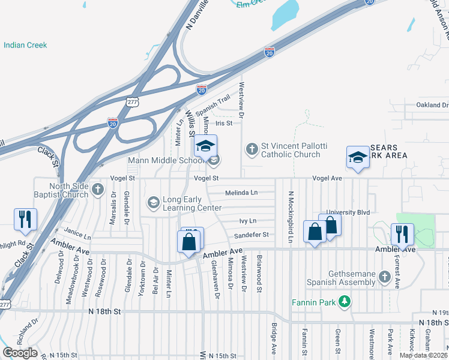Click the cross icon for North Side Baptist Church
pyautogui.click(x=98, y=190)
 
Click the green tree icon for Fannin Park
pyautogui.click(x=345, y=301)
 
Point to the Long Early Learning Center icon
pyautogui.click(x=154, y=202)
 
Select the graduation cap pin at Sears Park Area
pyautogui.click(x=358, y=157)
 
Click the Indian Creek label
pyautogui.click(x=25, y=45)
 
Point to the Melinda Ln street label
pyautogui.click(x=241, y=193)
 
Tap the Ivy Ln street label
pyautogui.click(x=248, y=221)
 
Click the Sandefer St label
pyautogui.click(x=251, y=235)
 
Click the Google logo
pyautogui.click(x=20, y=353)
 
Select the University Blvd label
pyautogui.click(x=349, y=212)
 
